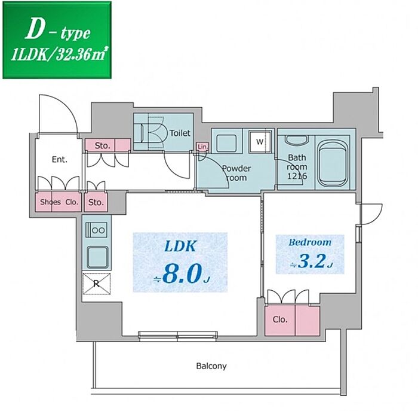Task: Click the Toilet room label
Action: (x=180, y=133)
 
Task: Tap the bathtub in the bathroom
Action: (x=333, y=163)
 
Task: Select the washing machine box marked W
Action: (x=260, y=142)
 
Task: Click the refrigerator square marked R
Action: (x=96, y=284)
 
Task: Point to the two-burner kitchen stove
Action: (x=96, y=230)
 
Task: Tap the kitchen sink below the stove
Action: (x=97, y=257)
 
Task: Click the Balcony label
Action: (x=211, y=366)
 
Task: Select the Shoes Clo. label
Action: (x=60, y=202)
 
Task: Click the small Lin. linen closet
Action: (x=202, y=147)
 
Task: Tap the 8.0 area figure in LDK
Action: (x=181, y=274)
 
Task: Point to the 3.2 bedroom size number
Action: (x=312, y=261)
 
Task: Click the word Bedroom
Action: (x=310, y=242)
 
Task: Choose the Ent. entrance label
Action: (x=60, y=160)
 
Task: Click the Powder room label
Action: (x=236, y=173)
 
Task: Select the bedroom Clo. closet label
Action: (x=280, y=319)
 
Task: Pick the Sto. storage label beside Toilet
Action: (x=102, y=146)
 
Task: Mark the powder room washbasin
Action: (x=226, y=144)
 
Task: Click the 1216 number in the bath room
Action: (x=297, y=176)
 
